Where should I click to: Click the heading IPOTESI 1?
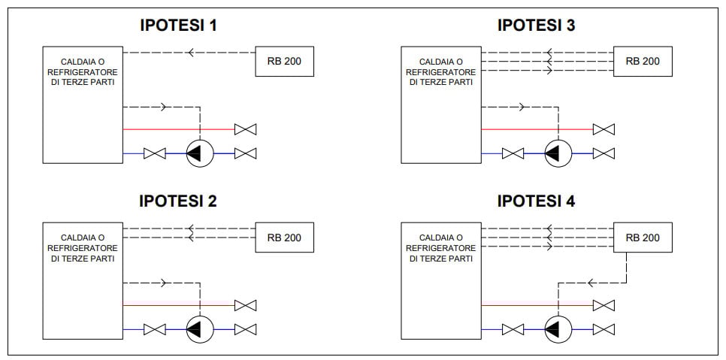pos(179,26)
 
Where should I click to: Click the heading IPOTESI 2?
pos(179,201)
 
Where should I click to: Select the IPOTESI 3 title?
pos(537,26)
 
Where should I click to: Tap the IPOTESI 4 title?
pos(537,201)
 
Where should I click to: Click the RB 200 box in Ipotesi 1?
pos(284,61)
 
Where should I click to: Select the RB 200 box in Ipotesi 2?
pos(284,237)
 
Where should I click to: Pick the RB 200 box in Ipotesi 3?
pos(642,61)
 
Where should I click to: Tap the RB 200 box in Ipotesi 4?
pos(642,237)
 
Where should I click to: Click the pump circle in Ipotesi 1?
pos(200,154)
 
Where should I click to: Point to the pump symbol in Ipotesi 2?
pos(200,330)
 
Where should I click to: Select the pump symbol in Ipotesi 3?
pos(558,154)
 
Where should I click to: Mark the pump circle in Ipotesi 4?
pos(558,330)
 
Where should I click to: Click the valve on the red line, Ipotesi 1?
pos(245,129)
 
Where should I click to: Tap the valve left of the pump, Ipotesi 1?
pos(155,154)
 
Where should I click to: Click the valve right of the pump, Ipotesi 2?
pos(245,330)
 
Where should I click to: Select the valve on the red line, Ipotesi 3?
pos(603,129)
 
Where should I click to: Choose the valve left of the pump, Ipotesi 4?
pos(513,330)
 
